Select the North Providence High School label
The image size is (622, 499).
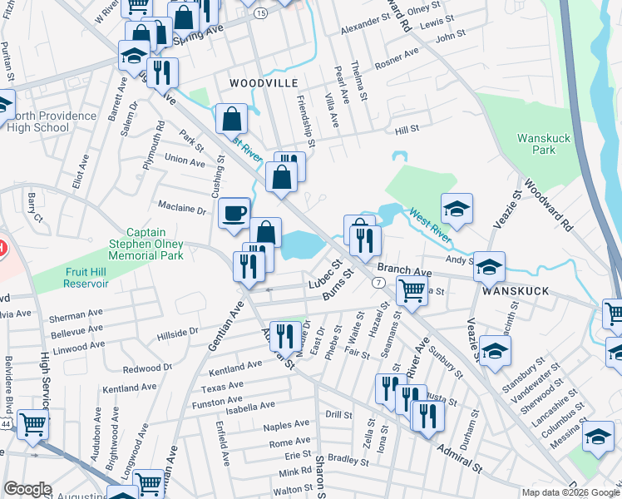(x=52, y=121)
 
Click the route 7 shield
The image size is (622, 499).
(x=378, y=284)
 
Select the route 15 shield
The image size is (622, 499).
(x=261, y=14)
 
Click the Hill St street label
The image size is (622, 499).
(x=407, y=130)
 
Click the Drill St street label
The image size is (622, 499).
(x=339, y=414)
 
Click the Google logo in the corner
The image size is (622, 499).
(x=27, y=489)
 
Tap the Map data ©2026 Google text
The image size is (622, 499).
(x=570, y=492)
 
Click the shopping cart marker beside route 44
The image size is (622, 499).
(x=32, y=424)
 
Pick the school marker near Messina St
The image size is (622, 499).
(x=597, y=436)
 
